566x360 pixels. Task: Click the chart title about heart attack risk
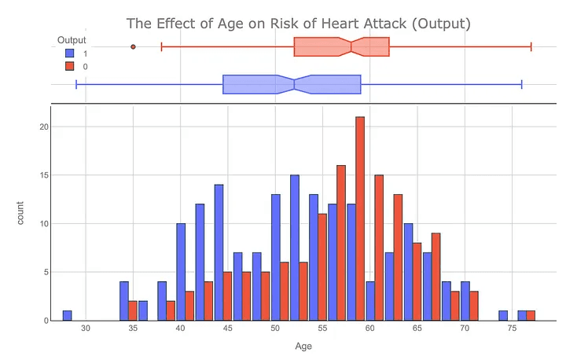click(298, 23)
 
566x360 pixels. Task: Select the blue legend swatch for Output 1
click(70, 53)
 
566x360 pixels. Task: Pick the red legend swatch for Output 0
click(70, 66)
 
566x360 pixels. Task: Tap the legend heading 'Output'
click(72, 40)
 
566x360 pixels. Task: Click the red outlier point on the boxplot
click(133, 47)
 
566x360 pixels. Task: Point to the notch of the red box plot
click(351, 47)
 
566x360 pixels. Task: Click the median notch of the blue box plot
click(294, 84)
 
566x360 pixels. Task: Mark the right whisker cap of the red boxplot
click(531, 47)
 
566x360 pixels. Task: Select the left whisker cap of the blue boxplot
click(76, 84)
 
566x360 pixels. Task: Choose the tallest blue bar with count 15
click(294, 248)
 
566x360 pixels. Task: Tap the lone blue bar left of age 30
click(68, 315)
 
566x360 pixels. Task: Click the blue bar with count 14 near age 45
click(219, 252)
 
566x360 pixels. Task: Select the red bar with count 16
click(341, 243)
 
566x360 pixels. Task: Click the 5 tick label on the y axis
click(46, 272)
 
